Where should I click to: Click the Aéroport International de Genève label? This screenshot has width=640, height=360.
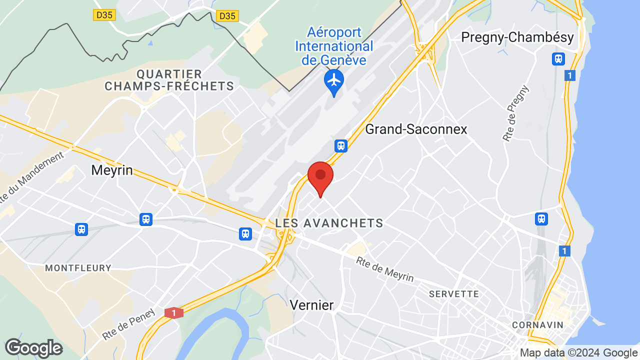tap(334, 46)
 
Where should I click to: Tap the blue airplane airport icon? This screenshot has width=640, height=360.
tap(333, 81)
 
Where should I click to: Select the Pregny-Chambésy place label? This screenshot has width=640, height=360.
tap(517, 37)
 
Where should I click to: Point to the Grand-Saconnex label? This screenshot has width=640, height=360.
tap(416, 129)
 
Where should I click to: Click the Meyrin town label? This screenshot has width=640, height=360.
tap(112, 170)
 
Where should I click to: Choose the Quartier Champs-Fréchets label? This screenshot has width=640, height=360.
tap(169, 80)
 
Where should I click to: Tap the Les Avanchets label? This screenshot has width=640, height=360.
tap(329, 223)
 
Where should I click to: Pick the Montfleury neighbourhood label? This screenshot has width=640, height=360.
tap(78, 268)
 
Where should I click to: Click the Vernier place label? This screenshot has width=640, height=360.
tap(311, 305)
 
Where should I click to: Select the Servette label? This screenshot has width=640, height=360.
tap(454, 294)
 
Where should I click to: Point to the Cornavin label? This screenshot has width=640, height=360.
tap(537, 325)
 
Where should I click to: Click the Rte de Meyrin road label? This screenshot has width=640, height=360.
tap(385, 269)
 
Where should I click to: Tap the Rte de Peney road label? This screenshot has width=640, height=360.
tap(129, 323)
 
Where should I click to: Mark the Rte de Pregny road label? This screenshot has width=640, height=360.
tap(516, 113)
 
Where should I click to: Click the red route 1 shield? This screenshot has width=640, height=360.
tap(174, 313)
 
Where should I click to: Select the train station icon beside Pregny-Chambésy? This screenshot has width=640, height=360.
tap(558, 59)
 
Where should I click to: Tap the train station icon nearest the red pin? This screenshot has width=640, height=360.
tap(341, 145)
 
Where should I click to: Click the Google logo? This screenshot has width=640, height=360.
tap(33, 348)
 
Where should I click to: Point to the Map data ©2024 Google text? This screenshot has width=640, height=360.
tap(578, 352)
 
